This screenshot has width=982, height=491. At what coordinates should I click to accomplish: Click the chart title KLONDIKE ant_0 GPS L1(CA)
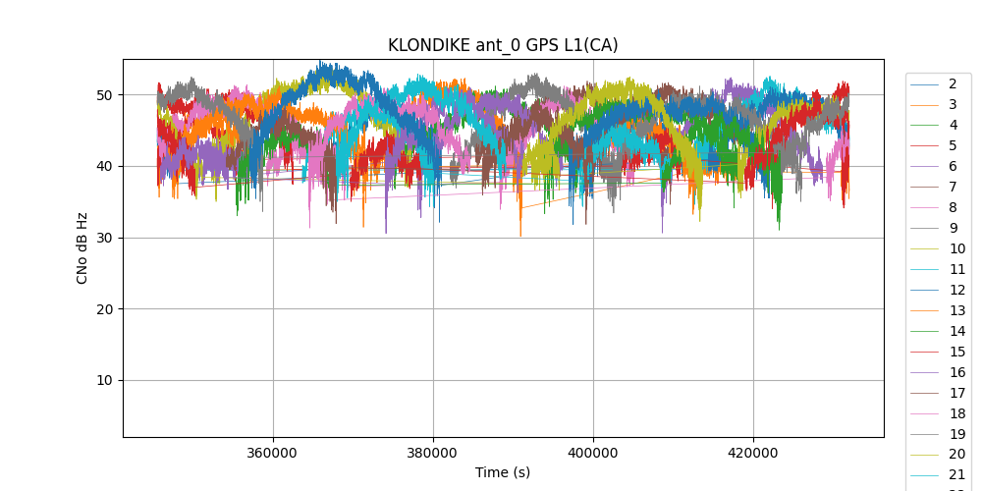tap(503, 45)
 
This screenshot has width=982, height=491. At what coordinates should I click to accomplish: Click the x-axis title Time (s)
tap(503, 472)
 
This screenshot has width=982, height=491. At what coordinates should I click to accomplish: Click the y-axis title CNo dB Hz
tap(82, 247)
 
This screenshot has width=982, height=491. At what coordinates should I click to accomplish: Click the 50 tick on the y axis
tap(104, 95)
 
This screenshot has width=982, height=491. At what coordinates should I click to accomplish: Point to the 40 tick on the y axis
tap(104, 166)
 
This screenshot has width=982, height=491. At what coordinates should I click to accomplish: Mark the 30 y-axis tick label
tap(104, 238)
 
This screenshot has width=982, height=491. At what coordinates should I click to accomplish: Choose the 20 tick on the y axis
tap(104, 309)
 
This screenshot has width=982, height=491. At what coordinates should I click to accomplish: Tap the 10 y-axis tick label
tap(104, 381)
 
